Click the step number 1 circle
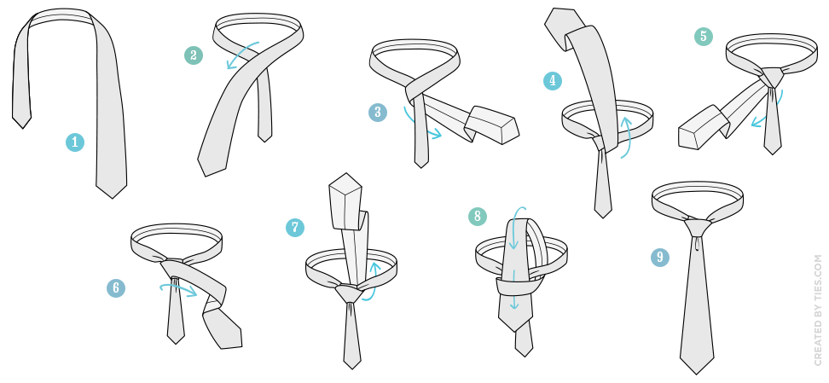pos(74,142)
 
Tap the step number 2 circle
pos(194,55)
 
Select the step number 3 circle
pos(378,112)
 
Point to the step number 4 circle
pos(553,80)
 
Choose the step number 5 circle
pos(704,36)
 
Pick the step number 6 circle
pos(116,288)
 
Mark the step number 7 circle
pos(295,228)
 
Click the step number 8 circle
pos(478,216)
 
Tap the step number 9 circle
pos(660,257)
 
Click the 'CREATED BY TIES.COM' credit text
pos(819,310)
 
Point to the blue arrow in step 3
pos(420,126)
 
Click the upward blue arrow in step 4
pos(628,136)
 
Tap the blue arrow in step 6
pos(179,288)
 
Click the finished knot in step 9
pos(698,228)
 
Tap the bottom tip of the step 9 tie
pos(697,374)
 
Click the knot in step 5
pos(772,78)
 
